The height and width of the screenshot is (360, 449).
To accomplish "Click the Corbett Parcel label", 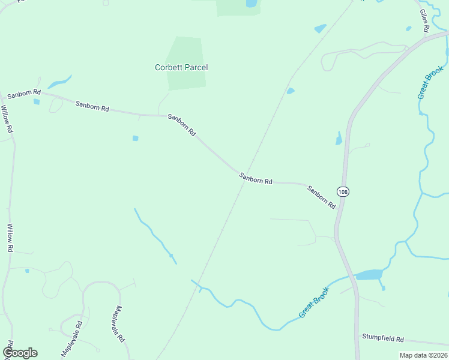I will (181, 68).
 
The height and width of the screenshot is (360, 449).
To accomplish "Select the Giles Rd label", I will (424, 20).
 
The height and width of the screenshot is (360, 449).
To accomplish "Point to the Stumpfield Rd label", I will (383, 338).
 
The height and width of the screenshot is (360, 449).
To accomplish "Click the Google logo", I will (20, 353).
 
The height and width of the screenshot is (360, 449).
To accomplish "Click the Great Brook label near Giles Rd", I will (430, 82).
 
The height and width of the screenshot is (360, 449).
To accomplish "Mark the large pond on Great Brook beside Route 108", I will (369, 275).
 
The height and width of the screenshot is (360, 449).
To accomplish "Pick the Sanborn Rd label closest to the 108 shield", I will (321, 197).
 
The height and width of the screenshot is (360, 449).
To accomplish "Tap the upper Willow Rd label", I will (7, 119).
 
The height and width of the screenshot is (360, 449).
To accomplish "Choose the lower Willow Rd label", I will (10, 238).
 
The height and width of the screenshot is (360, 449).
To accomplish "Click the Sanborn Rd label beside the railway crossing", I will (256, 178).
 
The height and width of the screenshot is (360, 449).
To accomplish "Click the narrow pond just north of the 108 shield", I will (339, 139).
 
